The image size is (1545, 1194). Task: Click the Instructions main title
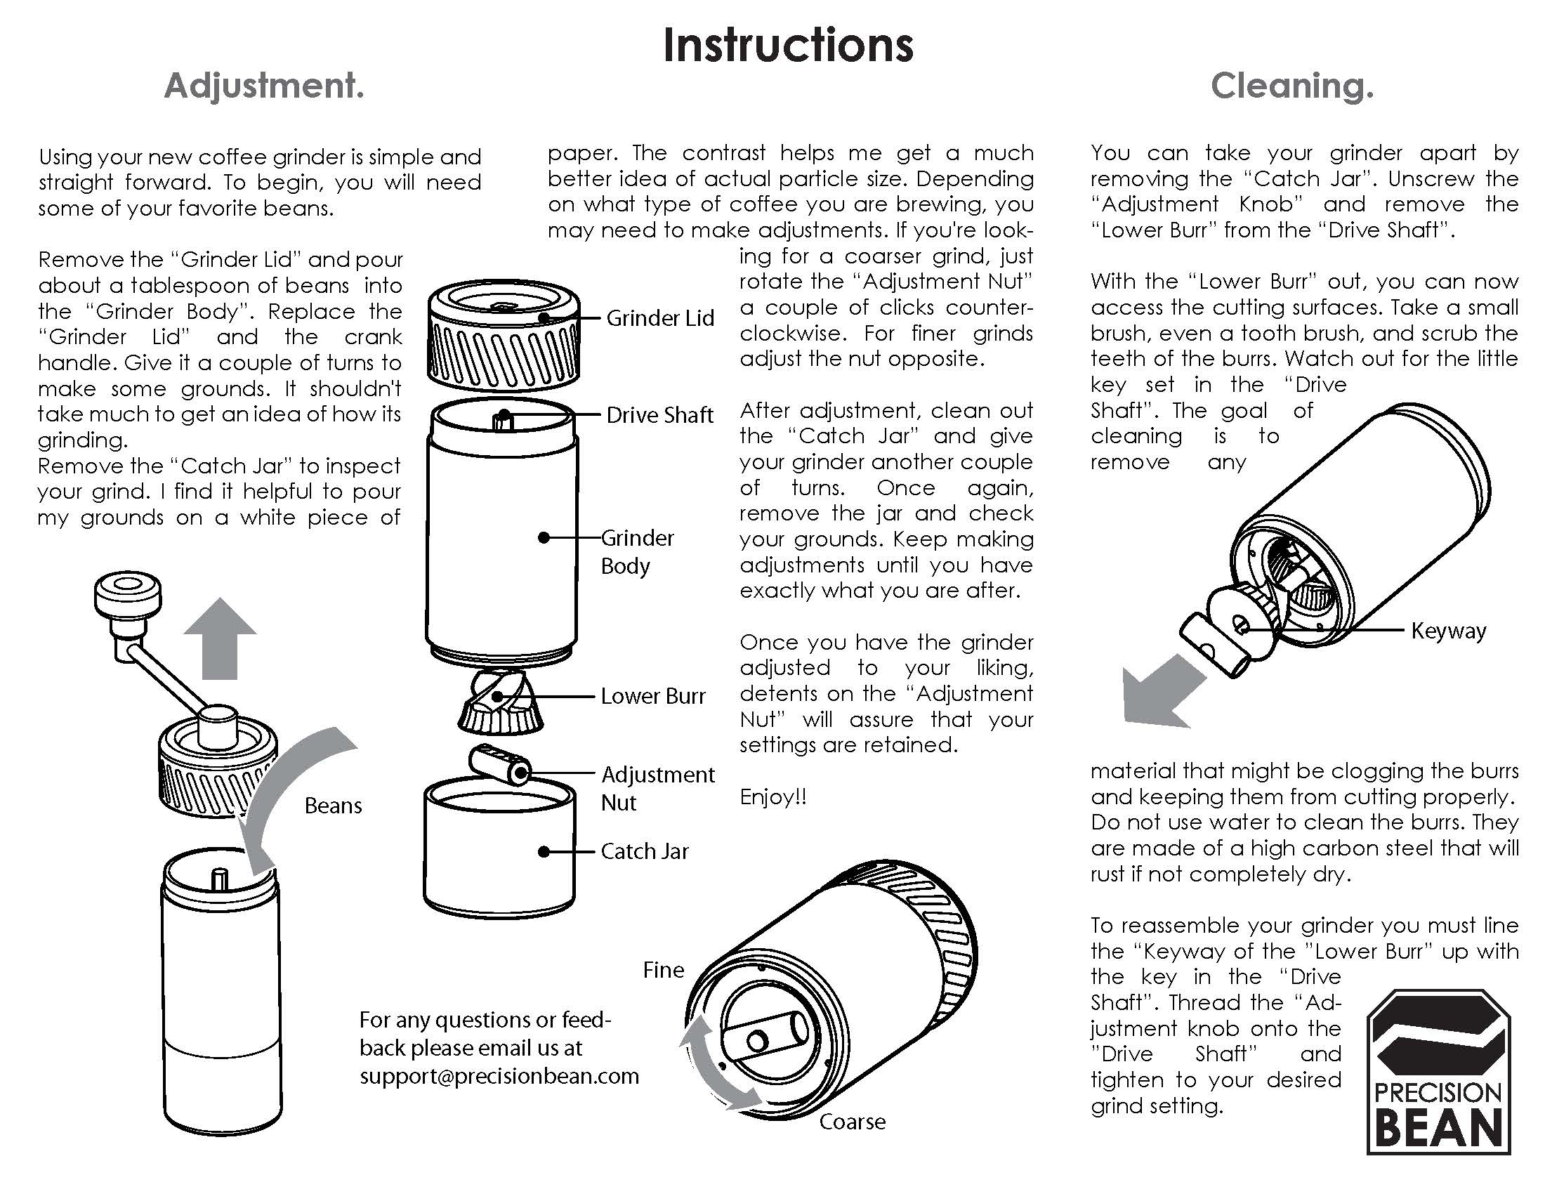[788, 45]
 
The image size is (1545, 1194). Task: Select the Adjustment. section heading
[264, 86]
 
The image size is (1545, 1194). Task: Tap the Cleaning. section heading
[1291, 86]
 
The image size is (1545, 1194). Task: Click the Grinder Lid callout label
[660, 318]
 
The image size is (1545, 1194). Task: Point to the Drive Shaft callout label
[659, 415]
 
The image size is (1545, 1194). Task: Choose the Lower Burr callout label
[653, 696]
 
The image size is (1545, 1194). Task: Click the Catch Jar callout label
[645, 851]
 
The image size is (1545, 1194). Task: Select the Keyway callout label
[1448, 631]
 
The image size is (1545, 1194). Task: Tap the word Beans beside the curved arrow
[333, 806]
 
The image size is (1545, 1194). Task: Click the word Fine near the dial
[664, 970]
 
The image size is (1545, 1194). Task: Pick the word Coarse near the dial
[853, 1122]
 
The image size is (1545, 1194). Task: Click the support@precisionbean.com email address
[499, 1077]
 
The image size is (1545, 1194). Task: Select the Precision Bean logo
[1438, 1072]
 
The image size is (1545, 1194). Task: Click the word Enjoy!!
[773, 797]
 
